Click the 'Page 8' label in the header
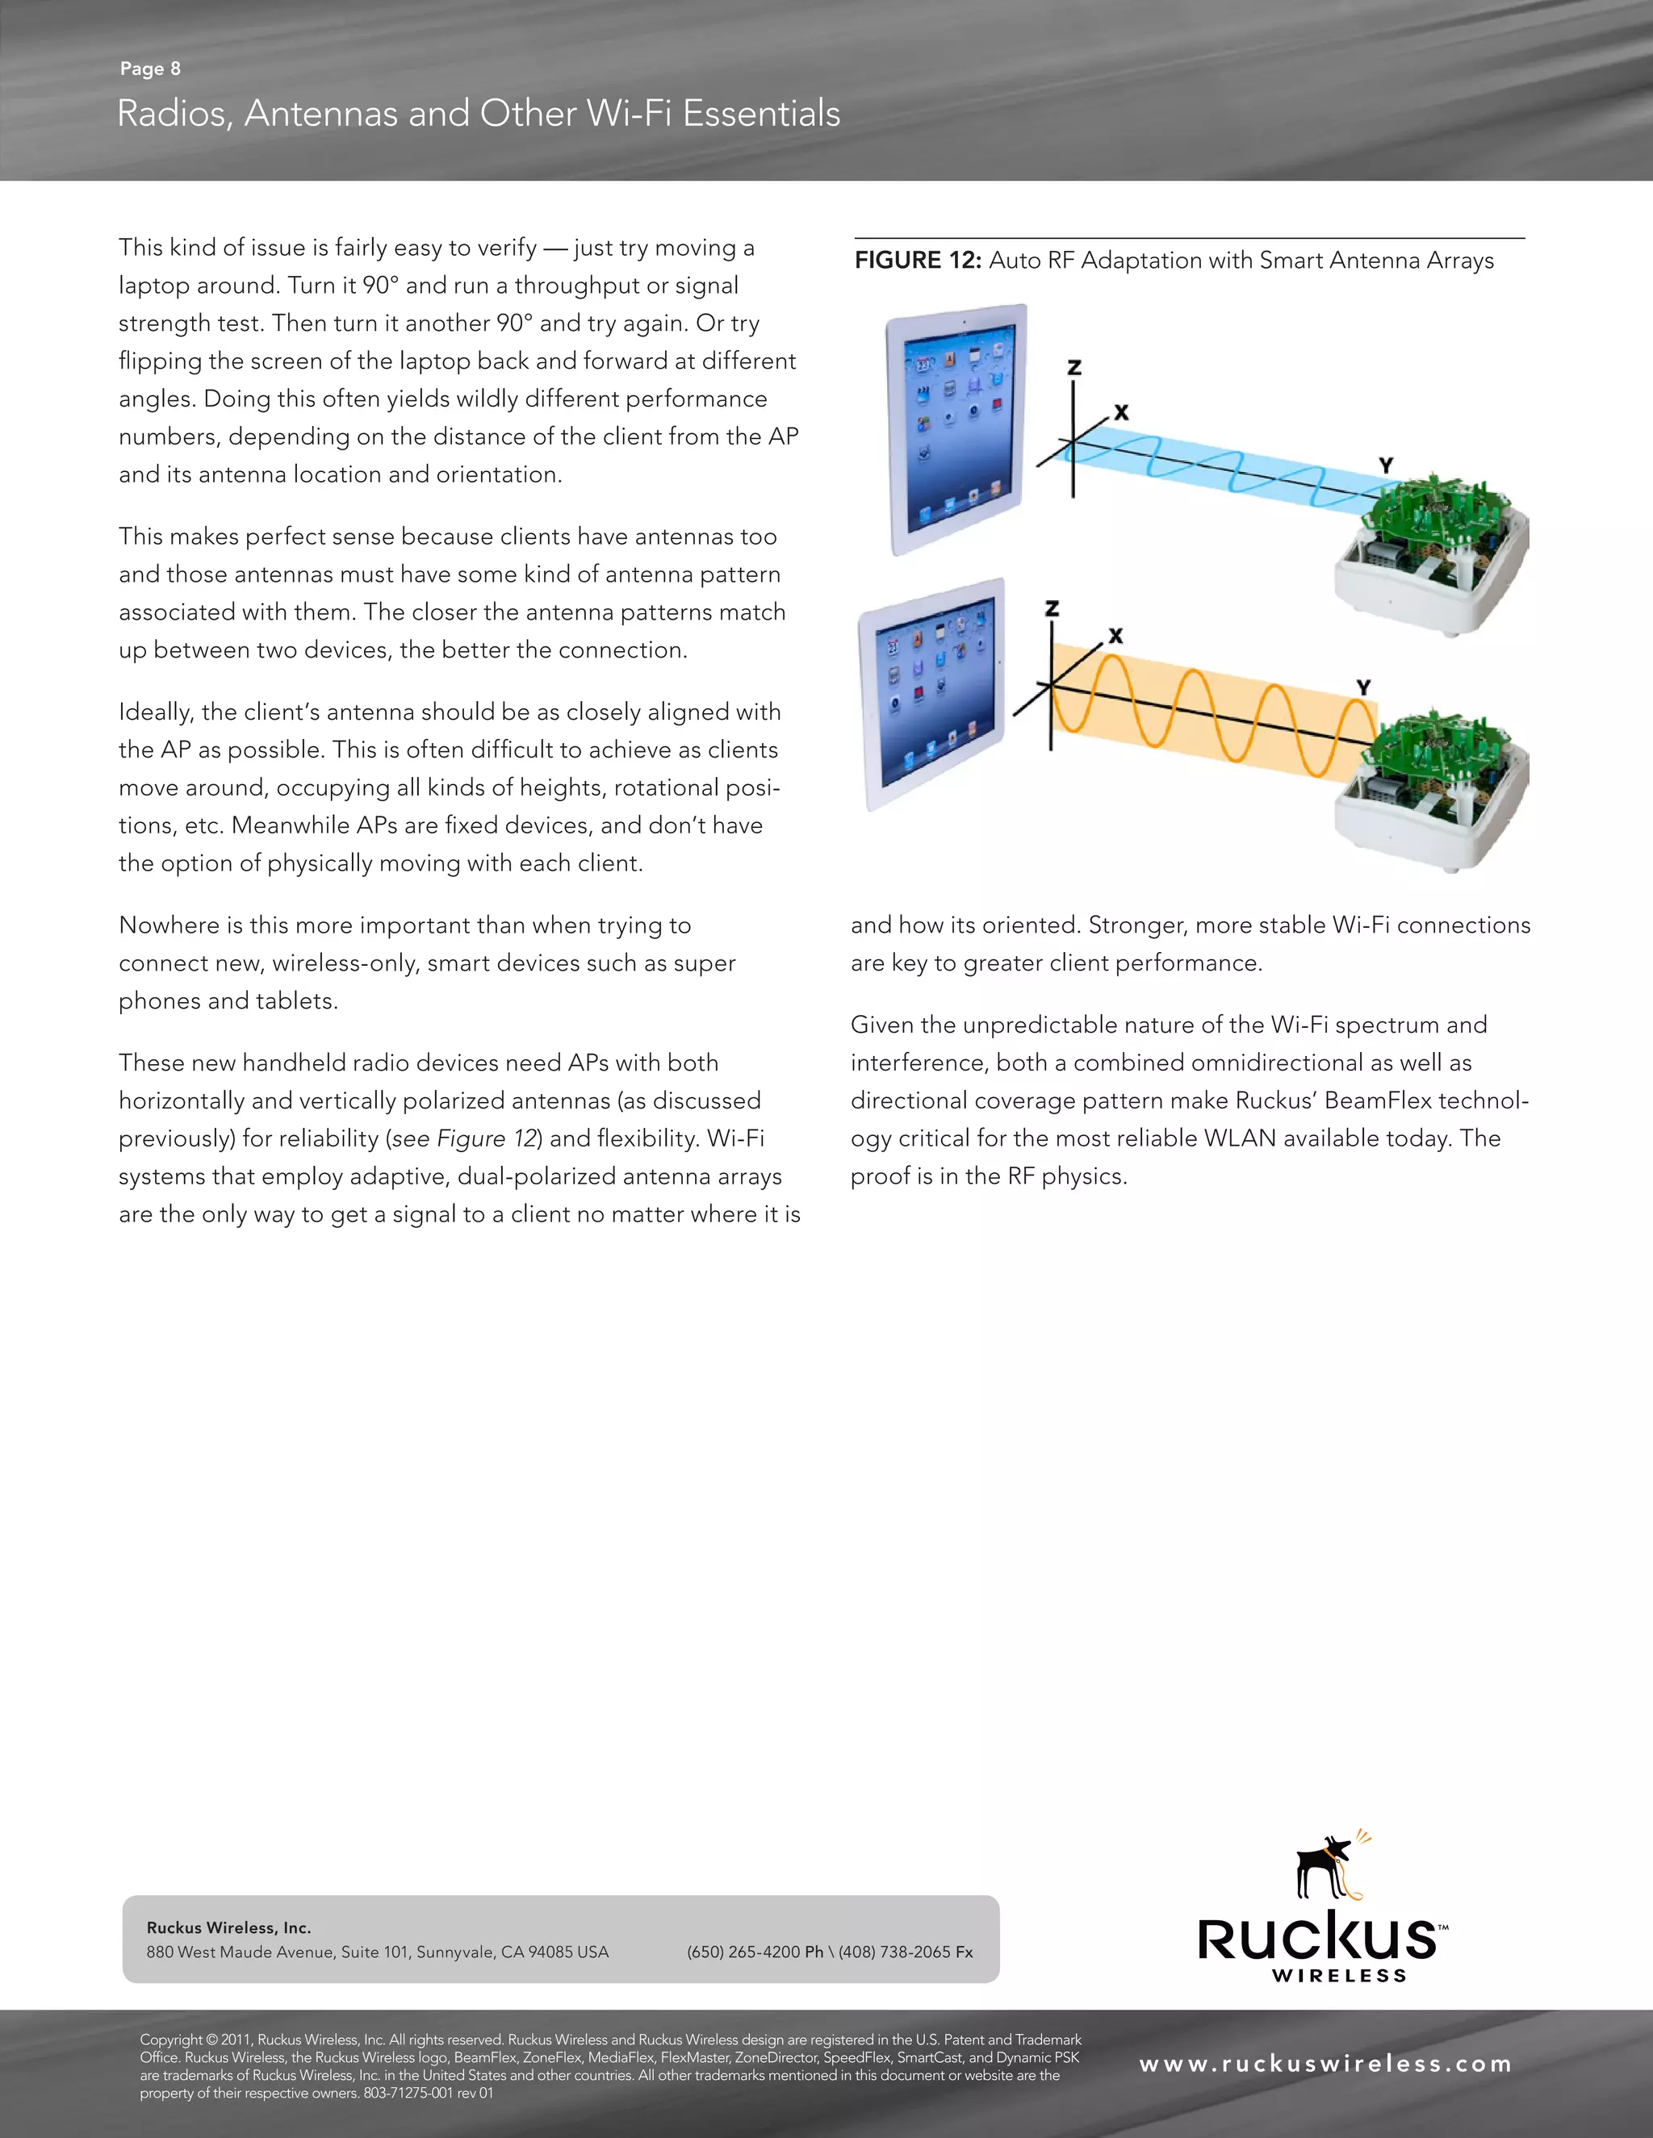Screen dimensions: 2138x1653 (x=150, y=69)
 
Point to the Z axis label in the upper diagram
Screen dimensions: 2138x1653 (x=1074, y=368)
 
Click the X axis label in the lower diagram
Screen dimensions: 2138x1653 (x=1115, y=637)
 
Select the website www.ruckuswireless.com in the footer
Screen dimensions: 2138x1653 (x=1325, y=2064)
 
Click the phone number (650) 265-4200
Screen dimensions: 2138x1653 (x=743, y=1952)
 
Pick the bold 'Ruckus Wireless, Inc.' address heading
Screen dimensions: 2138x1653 (x=228, y=1927)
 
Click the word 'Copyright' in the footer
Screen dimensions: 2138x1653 (x=171, y=2039)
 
